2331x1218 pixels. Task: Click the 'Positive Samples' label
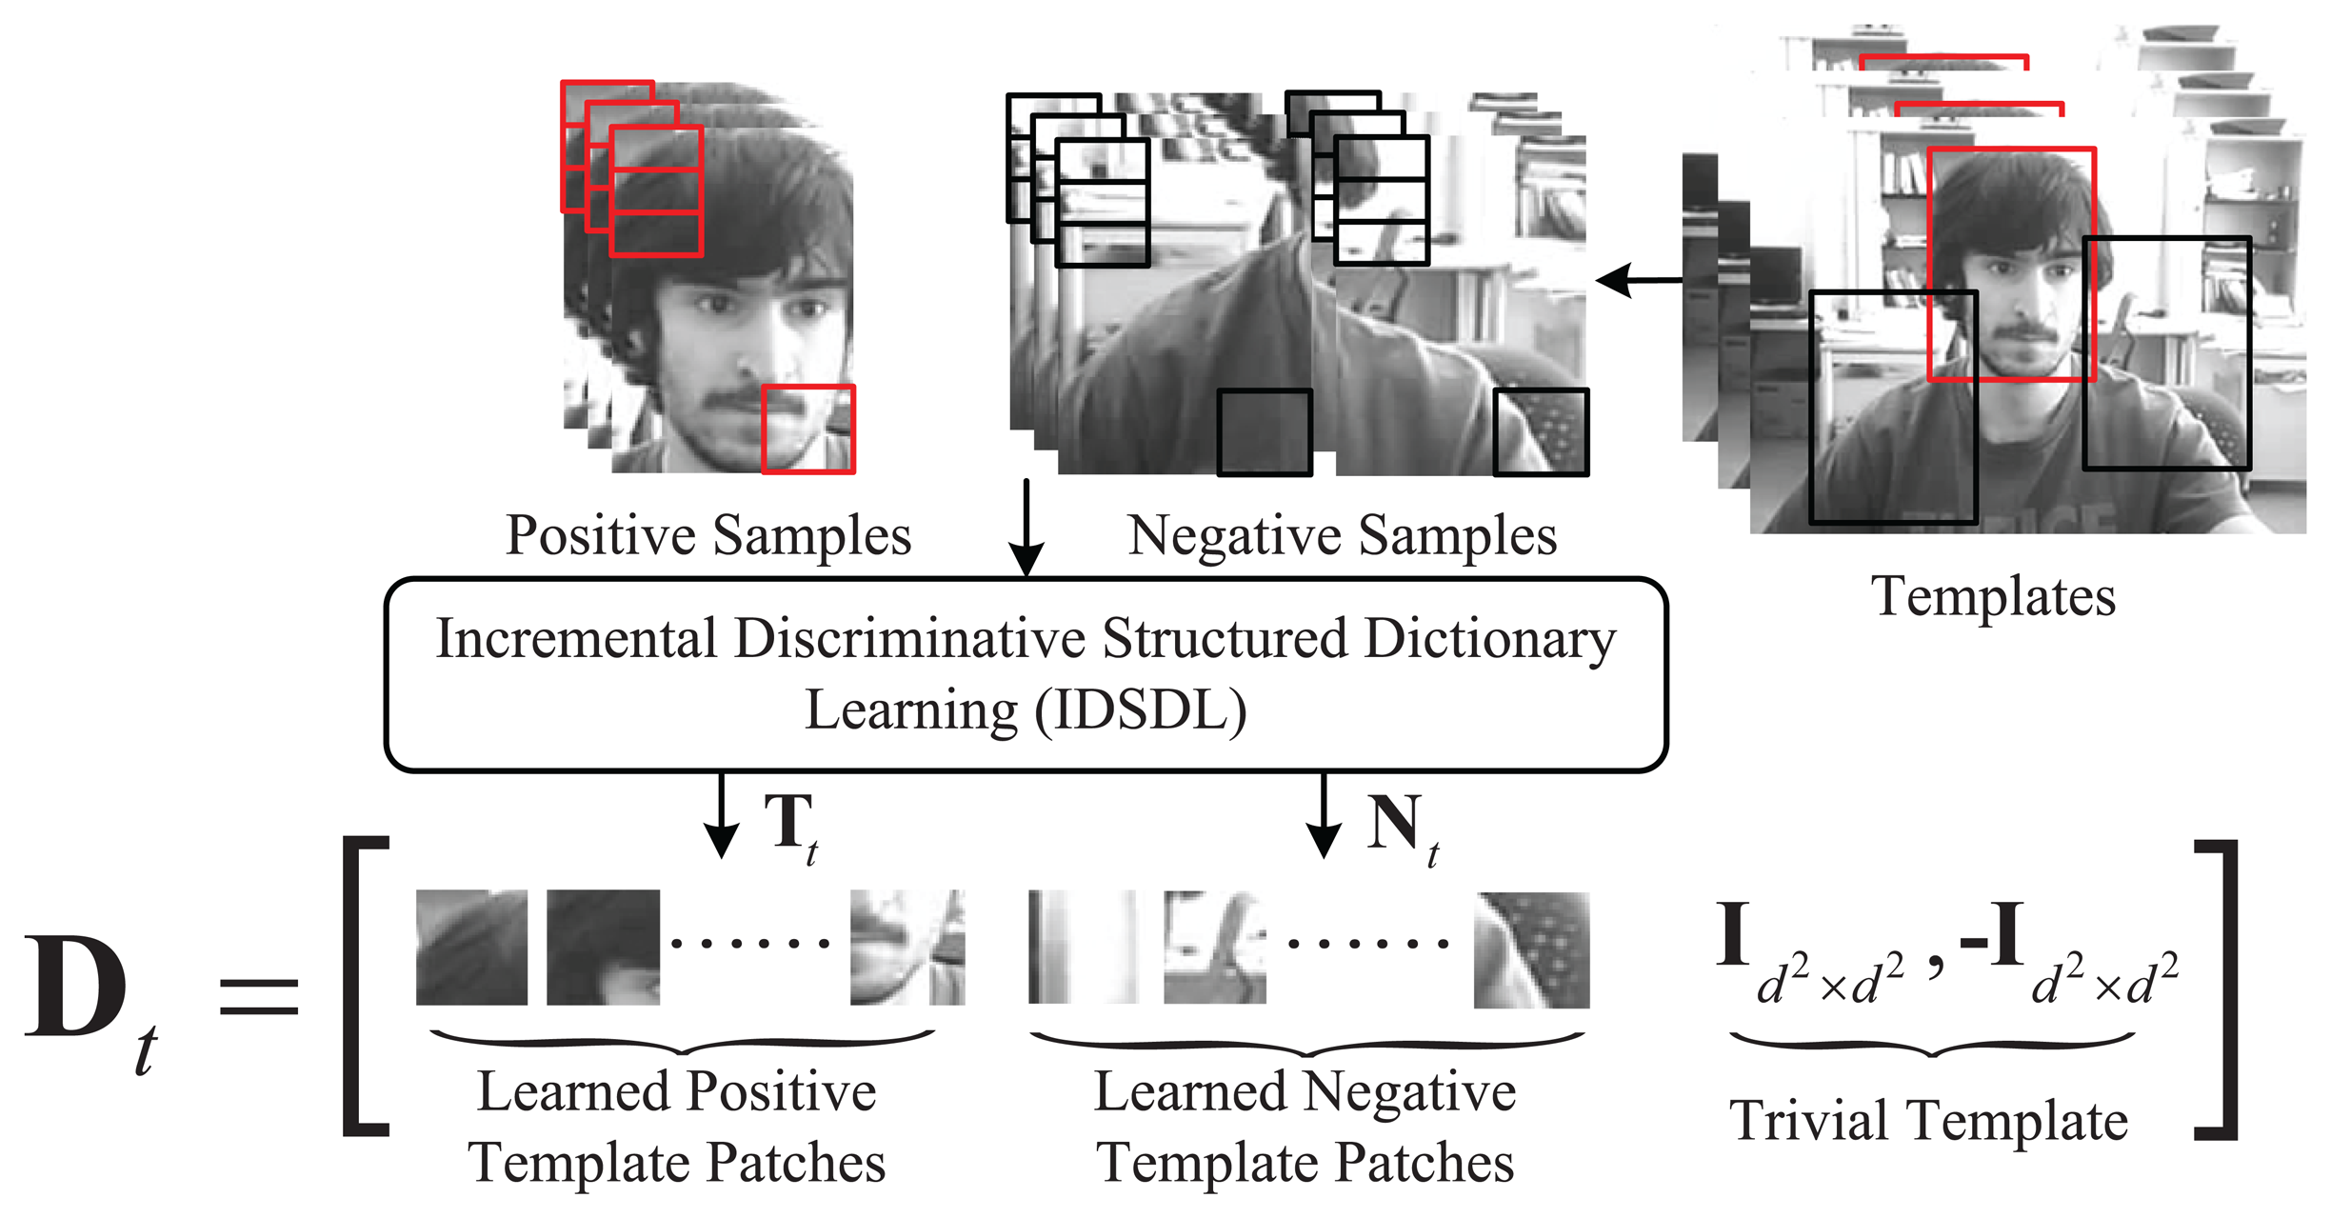point(708,535)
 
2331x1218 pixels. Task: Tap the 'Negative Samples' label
point(1342,535)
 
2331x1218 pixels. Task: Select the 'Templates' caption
point(1993,597)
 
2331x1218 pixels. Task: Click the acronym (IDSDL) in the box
point(1141,710)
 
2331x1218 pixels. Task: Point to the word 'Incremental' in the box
point(575,639)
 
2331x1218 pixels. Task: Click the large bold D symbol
point(76,988)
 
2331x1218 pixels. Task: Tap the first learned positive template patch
point(471,948)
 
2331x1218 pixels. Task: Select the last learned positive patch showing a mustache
point(906,948)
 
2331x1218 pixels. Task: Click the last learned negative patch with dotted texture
point(1531,949)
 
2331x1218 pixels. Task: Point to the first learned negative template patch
point(1083,947)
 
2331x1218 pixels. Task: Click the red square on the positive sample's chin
point(808,429)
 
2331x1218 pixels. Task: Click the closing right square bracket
point(2218,989)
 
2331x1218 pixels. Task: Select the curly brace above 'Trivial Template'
point(1931,1046)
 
